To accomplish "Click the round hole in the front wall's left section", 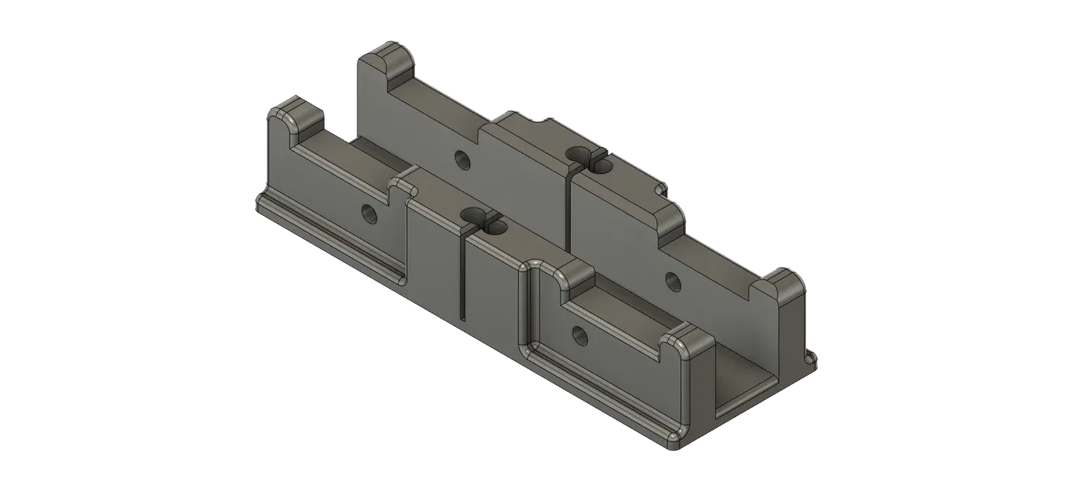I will click(368, 213).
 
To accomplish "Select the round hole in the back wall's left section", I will click(461, 159).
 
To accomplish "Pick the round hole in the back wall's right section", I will click(671, 280).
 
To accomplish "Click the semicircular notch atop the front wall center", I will click(473, 217).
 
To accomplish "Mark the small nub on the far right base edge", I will click(813, 358).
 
